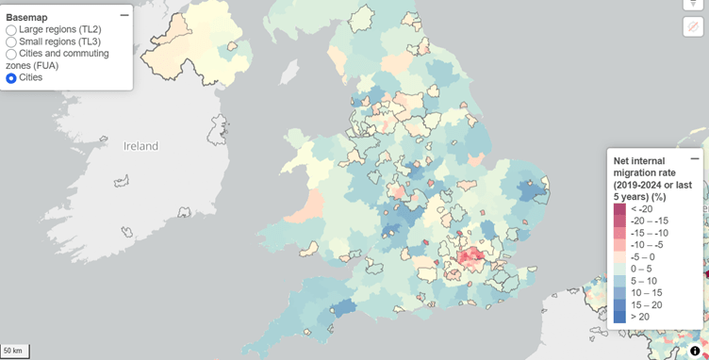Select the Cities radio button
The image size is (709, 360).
(x=11, y=78)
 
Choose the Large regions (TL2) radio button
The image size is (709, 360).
(x=11, y=30)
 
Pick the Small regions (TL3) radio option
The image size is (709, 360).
(x=11, y=41)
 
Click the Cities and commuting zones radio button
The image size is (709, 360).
(x=11, y=54)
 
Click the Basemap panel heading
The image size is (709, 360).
(x=26, y=17)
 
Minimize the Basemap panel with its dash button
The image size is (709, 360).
(x=124, y=15)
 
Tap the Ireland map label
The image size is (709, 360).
(x=141, y=146)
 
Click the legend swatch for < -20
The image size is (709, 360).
(x=619, y=209)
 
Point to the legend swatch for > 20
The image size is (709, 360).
(x=619, y=317)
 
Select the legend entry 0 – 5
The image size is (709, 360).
(x=646, y=269)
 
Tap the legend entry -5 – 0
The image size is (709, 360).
(x=647, y=256)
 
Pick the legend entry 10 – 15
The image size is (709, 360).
(x=649, y=292)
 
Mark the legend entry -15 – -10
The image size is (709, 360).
(x=651, y=233)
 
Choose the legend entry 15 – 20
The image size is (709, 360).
(x=649, y=304)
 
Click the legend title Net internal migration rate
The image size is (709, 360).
(x=651, y=172)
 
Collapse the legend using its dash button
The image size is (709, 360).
(x=695, y=158)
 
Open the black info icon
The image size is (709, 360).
(x=695, y=351)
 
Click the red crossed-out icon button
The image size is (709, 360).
(x=693, y=26)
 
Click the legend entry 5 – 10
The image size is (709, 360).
(x=647, y=281)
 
